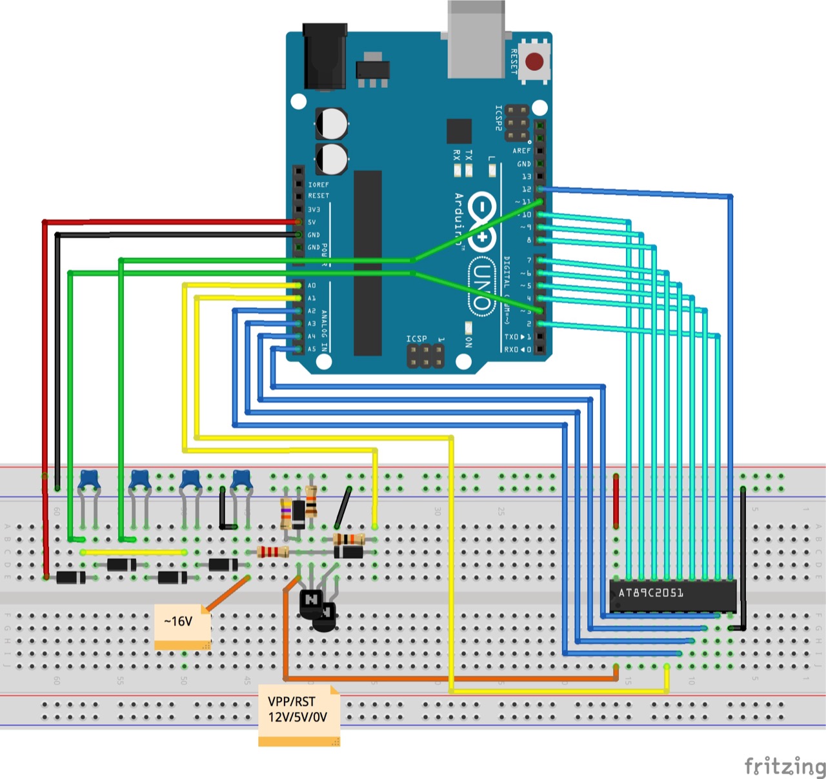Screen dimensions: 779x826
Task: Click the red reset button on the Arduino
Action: pos(534,62)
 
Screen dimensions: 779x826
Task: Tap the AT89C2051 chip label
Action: pos(650,592)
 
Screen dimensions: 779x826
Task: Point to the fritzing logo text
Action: pos(785,766)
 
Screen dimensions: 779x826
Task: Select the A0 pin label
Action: pos(312,285)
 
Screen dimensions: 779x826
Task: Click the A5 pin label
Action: pos(312,349)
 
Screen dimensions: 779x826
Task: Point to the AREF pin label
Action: pos(521,150)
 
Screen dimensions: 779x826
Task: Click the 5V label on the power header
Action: pos(312,222)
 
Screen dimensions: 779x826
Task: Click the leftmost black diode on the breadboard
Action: pos(70,577)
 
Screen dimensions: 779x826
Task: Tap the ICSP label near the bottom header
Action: pos(416,339)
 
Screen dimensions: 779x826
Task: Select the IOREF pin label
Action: pos(318,185)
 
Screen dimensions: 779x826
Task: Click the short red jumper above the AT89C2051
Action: pos(616,500)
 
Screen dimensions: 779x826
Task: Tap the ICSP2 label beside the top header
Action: pos(498,118)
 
